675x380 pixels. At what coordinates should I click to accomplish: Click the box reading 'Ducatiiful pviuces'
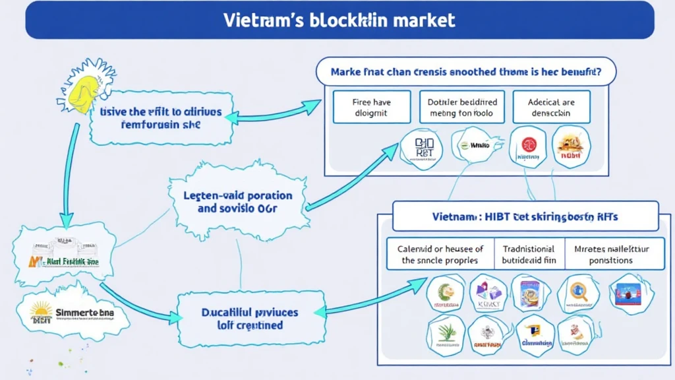point(249,318)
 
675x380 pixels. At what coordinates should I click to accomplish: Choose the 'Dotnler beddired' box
point(461,108)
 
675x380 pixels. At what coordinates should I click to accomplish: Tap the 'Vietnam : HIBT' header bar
point(525,216)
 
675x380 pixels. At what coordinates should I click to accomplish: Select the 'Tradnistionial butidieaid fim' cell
point(529,255)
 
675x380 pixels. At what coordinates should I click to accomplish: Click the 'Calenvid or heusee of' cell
point(440,255)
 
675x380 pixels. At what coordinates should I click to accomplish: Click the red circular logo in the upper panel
point(529,147)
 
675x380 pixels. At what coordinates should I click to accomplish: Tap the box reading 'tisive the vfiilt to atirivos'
point(161,118)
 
